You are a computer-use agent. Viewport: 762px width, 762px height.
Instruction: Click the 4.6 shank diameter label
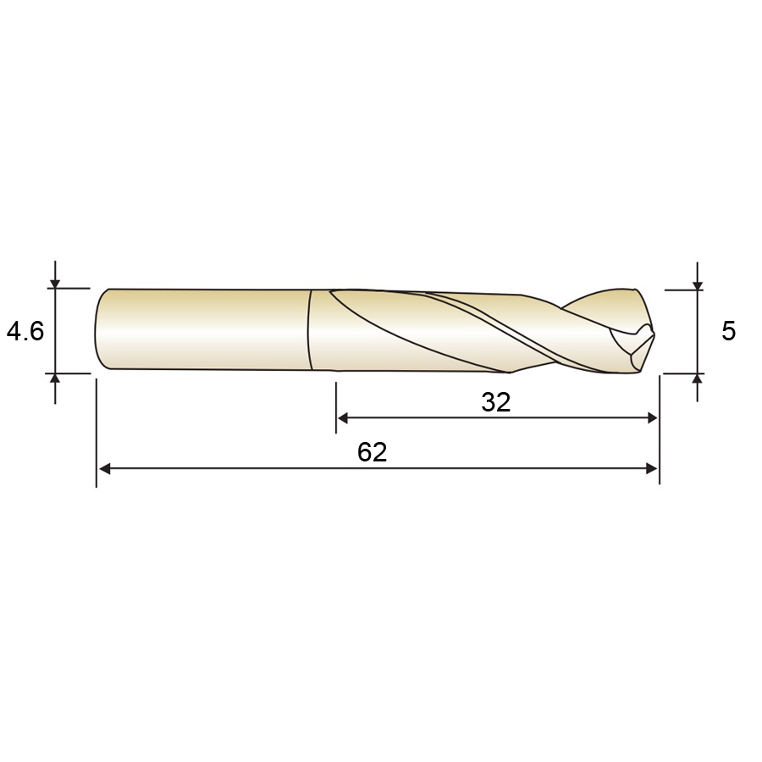(x=25, y=331)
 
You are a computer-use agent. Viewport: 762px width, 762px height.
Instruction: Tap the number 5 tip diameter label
(x=728, y=331)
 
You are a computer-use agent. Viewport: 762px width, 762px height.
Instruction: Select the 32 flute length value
(x=495, y=402)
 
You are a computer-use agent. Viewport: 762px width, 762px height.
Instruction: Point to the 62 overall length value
(x=372, y=452)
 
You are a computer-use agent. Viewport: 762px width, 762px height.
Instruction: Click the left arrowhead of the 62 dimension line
(x=104, y=468)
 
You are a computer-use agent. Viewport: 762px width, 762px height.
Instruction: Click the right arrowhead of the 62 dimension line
(x=651, y=468)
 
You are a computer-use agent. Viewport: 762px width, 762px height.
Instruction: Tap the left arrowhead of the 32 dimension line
(x=343, y=418)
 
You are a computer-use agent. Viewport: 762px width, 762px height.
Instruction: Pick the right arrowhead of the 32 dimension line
(x=651, y=418)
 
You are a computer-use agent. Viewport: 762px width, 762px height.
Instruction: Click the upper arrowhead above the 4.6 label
(x=55, y=283)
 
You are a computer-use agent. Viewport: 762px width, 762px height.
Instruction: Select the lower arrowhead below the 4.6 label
(x=55, y=379)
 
